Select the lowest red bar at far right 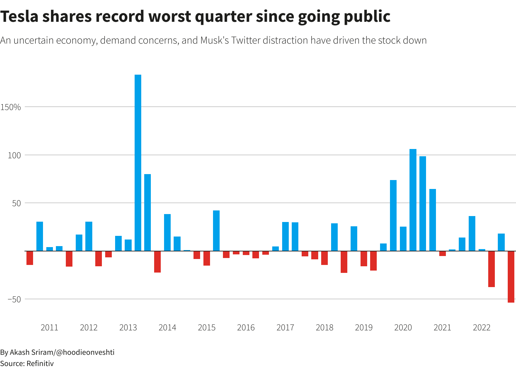pyautogui.click(x=511, y=277)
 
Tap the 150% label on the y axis pyautogui.click(x=11, y=107)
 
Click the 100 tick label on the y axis pyautogui.click(x=15, y=155)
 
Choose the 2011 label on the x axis pyautogui.click(x=49, y=328)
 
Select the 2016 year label pyautogui.click(x=246, y=328)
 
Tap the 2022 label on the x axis pyautogui.click(x=482, y=328)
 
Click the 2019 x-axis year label pyautogui.click(x=364, y=328)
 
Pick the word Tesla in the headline pyautogui.click(x=19, y=17)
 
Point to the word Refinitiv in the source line pyautogui.click(x=40, y=363)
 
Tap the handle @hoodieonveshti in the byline pyautogui.click(x=85, y=352)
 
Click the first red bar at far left pyautogui.click(x=30, y=258)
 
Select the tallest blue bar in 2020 pyautogui.click(x=413, y=200)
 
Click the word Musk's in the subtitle pyautogui.click(x=214, y=40)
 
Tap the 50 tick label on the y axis pyautogui.click(x=17, y=203)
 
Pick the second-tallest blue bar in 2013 pyautogui.click(x=148, y=212)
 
